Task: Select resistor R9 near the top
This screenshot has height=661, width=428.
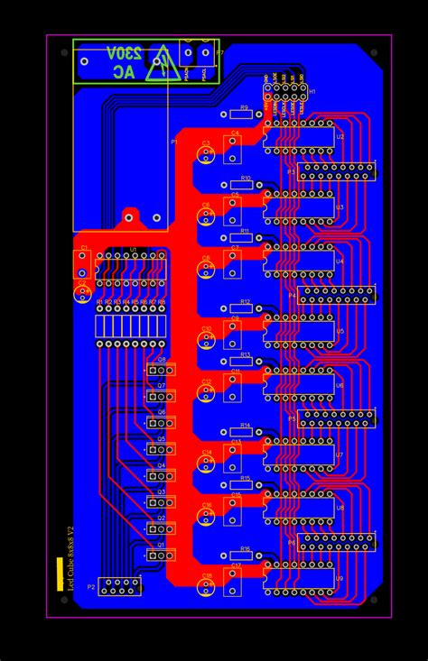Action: [239, 115]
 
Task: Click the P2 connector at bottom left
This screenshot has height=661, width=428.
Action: [119, 587]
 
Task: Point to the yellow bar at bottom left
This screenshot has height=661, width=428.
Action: [60, 574]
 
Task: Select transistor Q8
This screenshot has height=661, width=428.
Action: [162, 370]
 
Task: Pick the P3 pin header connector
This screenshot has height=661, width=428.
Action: [335, 171]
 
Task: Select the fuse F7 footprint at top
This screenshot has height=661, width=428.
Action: [199, 60]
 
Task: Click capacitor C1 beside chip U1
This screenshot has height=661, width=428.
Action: [83, 264]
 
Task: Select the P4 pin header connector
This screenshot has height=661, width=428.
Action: [335, 295]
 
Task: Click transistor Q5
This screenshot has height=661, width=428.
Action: [162, 449]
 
